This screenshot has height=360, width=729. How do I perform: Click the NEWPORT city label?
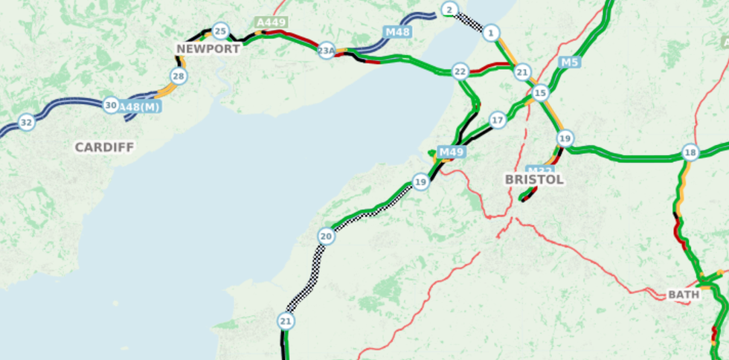click(208, 49)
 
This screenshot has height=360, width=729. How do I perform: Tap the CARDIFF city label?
click(104, 147)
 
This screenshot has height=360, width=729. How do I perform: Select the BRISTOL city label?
click(534, 180)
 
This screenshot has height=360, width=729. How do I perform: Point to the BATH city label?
click(683, 295)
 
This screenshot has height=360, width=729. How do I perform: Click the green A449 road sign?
click(271, 23)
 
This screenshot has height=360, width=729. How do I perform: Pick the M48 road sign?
click(397, 32)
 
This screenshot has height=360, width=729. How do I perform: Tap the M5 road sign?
click(569, 62)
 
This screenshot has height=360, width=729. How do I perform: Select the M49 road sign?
click(452, 152)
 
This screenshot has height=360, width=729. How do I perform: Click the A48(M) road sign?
click(141, 106)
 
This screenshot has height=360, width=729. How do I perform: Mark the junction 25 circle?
click(220, 30)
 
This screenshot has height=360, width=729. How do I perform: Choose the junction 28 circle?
click(178, 76)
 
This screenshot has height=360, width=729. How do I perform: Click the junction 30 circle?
click(111, 106)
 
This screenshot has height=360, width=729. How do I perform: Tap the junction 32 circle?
click(27, 122)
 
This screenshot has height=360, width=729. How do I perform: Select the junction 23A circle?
click(327, 51)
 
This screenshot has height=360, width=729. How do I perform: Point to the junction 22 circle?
click(460, 71)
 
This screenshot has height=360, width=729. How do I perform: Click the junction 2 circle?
click(449, 10)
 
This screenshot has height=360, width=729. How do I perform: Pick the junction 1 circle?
click(490, 33)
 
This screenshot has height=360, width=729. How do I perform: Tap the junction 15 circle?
click(540, 93)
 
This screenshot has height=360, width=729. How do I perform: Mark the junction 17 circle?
click(498, 120)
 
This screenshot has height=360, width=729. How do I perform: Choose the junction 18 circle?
click(690, 152)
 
